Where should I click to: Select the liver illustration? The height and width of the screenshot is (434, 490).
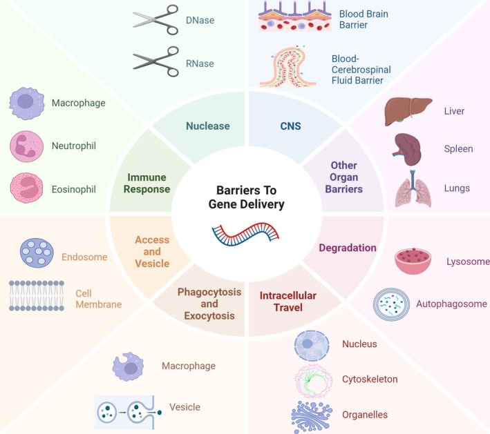pos(404,110)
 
